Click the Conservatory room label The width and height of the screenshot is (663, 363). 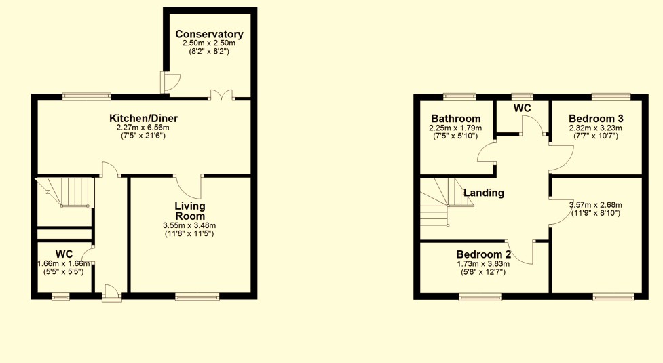209,34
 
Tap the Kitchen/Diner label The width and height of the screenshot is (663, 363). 143,119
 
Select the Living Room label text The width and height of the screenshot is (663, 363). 190,211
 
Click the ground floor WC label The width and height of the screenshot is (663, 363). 64,254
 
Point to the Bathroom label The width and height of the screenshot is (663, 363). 455,119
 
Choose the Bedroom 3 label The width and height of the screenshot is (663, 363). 596,119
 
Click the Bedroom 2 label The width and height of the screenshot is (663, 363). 483,254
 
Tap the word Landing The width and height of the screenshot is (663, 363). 483,193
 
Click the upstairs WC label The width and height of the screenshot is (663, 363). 522,109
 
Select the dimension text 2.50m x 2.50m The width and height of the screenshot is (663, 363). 209,43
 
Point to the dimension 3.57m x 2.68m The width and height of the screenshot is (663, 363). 595,205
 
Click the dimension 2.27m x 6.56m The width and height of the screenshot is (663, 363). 143,128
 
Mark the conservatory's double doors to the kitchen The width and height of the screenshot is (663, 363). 221,96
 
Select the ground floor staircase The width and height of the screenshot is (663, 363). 64,191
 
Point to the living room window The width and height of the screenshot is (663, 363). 197,296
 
